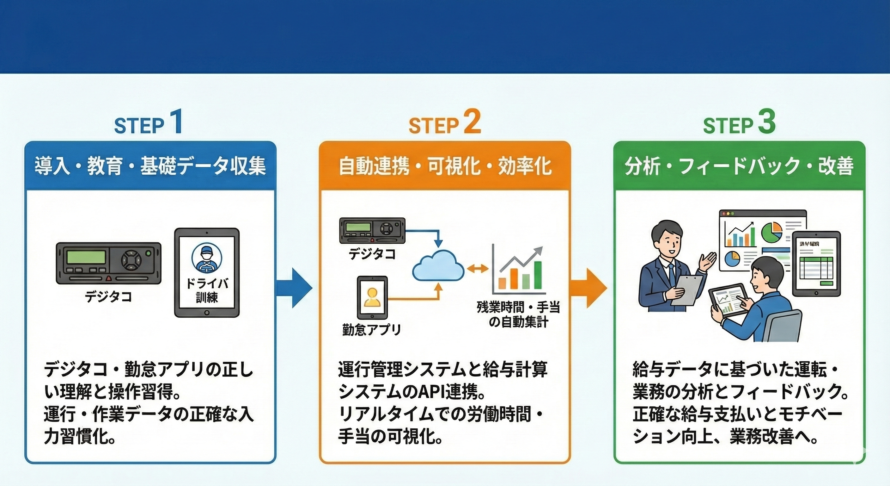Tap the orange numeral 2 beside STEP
[x=472, y=123]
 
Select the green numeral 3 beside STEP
[x=767, y=123]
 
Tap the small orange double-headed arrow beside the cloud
[x=478, y=268]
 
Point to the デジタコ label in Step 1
[x=108, y=297]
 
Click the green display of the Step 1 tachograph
[x=86, y=257]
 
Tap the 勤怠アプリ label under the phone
[x=371, y=329]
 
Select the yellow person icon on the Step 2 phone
[x=372, y=297]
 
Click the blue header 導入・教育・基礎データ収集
[x=150, y=166]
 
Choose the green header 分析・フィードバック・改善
[x=739, y=166]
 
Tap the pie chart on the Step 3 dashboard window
[x=771, y=233]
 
